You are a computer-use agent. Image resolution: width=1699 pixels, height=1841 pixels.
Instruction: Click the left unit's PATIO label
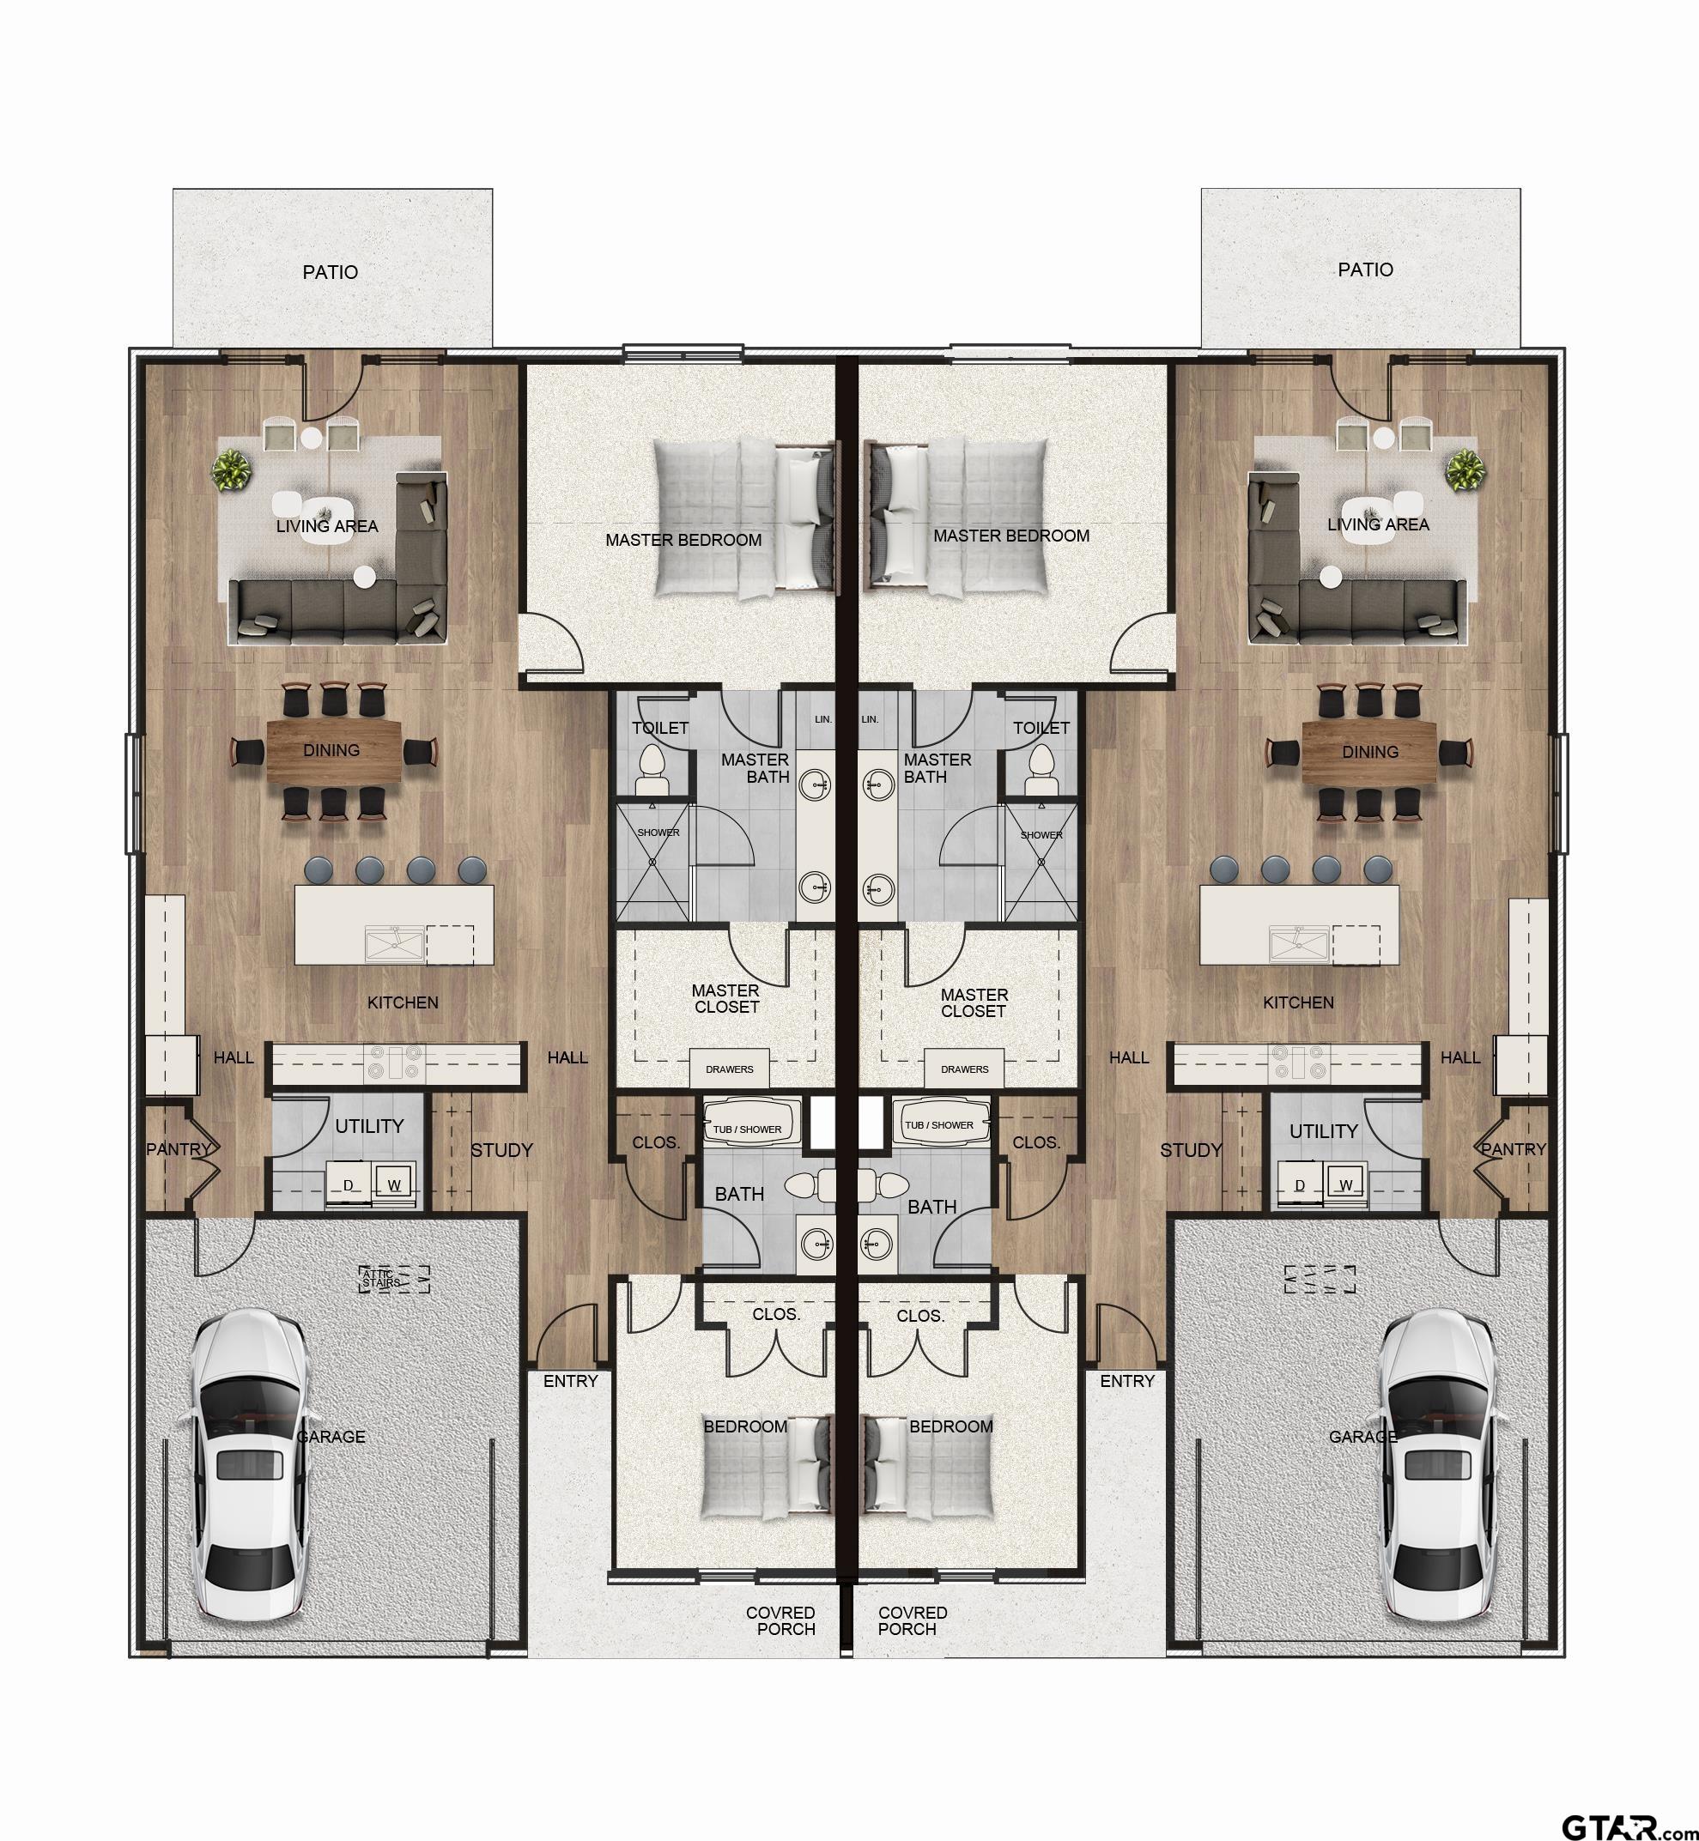coord(330,272)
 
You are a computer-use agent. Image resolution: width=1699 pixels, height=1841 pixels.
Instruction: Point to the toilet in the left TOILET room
coord(653,768)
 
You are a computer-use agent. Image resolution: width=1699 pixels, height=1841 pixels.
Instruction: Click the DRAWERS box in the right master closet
coord(964,1069)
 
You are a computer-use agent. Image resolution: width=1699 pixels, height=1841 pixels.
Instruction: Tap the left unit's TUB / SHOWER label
coord(748,1129)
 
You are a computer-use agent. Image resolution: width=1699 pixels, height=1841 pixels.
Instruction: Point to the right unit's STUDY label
coord(1191,1150)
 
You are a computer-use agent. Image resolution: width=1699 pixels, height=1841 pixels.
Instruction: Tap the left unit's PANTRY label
coord(179,1149)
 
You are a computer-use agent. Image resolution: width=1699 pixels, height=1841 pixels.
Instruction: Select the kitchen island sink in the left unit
coord(394,944)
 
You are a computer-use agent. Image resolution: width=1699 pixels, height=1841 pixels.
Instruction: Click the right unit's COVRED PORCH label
coord(912,1620)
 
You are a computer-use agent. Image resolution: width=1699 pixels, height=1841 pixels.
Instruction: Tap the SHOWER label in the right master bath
coord(1041,834)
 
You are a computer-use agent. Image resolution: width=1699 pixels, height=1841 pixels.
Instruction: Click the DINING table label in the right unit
coord(1370,752)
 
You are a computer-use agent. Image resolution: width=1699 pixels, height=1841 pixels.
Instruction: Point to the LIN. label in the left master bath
coord(822,718)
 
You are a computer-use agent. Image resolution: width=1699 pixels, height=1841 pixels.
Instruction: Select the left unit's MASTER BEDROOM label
coord(683,541)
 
